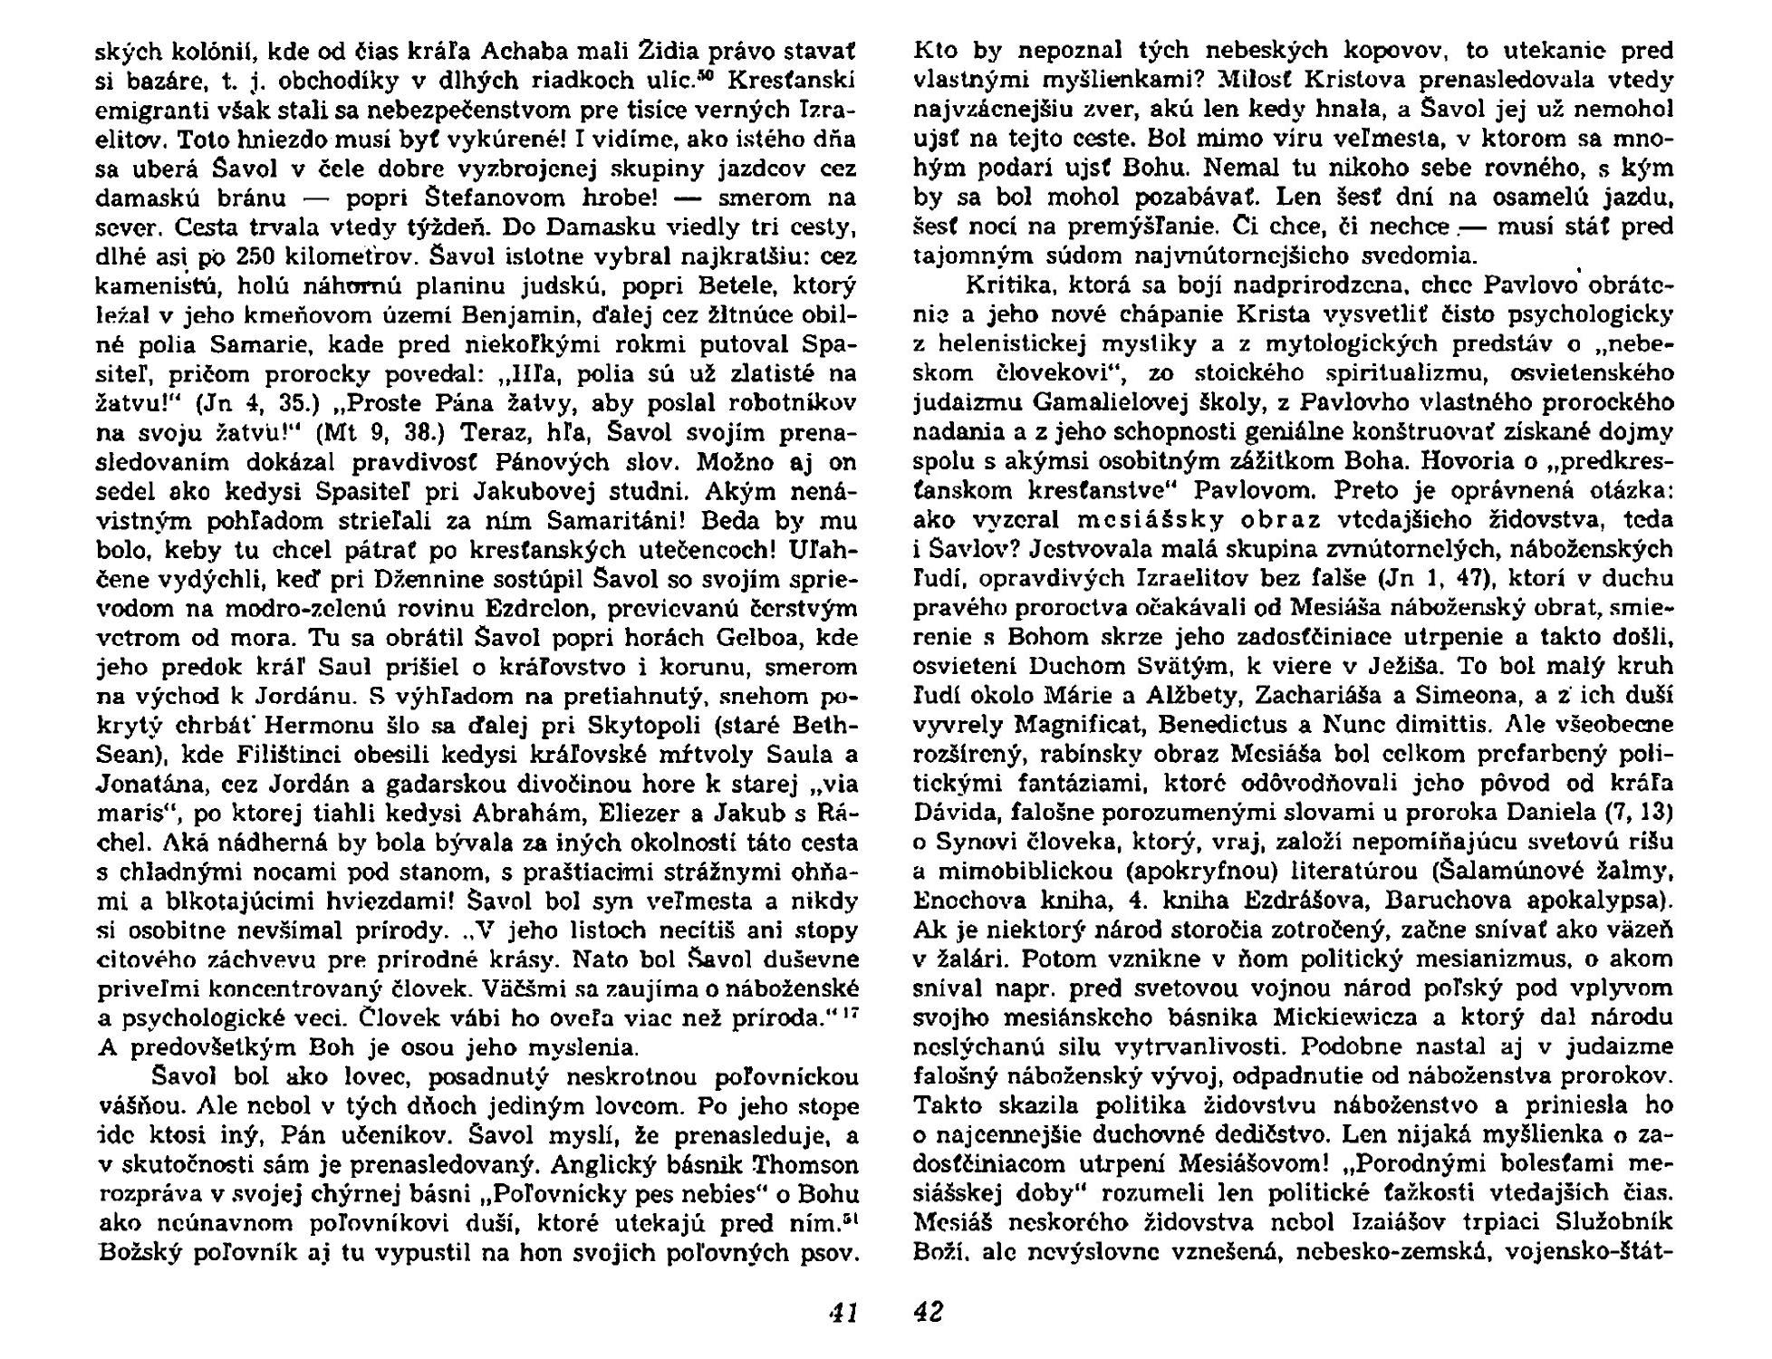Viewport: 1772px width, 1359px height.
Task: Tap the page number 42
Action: tap(928, 1311)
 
